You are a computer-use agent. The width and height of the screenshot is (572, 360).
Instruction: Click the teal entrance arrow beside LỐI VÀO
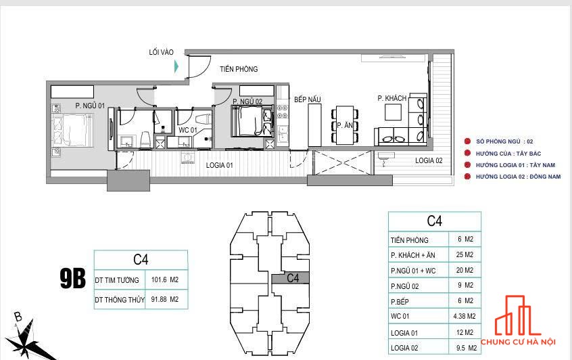pyautogui.click(x=176, y=66)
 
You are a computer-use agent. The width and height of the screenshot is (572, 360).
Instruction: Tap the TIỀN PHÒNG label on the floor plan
pyautogui.click(x=239, y=69)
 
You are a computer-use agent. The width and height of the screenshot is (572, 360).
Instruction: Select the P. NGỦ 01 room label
pyautogui.click(x=90, y=106)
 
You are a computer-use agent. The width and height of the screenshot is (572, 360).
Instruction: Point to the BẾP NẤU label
pyautogui.click(x=308, y=99)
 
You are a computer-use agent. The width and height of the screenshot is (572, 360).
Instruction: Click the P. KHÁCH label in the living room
pyautogui.click(x=391, y=98)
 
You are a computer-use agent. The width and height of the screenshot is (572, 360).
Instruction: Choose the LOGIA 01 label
pyautogui.click(x=219, y=165)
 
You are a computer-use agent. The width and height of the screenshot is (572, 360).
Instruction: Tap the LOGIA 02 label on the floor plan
pyautogui.click(x=429, y=160)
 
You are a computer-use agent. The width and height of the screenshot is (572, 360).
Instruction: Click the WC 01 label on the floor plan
pyautogui.click(x=187, y=130)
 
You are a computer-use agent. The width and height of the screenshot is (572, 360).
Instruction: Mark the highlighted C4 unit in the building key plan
pyautogui.click(x=290, y=278)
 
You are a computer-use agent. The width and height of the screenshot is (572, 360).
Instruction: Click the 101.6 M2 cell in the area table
pyautogui.click(x=165, y=279)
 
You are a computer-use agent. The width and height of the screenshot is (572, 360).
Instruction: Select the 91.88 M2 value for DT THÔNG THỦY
pyautogui.click(x=165, y=299)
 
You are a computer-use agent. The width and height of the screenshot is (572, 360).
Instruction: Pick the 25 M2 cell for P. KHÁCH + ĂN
pyautogui.click(x=464, y=254)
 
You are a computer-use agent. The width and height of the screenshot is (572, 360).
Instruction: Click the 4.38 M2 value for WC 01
pyautogui.click(x=464, y=316)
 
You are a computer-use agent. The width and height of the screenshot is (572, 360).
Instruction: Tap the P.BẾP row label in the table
pyautogui.click(x=400, y=302)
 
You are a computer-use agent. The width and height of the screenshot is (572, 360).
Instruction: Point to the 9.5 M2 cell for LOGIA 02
pyautogui.click(x=467, y=348)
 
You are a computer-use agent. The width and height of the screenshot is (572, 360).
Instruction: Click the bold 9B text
pyautogui.click(x=72, y=278)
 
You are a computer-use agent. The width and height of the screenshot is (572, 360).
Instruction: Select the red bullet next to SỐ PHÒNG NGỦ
pyautogui.click(x=467, y=141)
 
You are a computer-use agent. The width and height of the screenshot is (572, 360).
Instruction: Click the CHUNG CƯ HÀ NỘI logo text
pyautogui.click(x=518, y=342)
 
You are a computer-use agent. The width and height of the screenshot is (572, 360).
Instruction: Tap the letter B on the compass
pyautogui.click(x=18, y=316)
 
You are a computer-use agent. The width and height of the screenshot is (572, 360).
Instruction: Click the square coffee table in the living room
pyautogui.click(x=394, y=112)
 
